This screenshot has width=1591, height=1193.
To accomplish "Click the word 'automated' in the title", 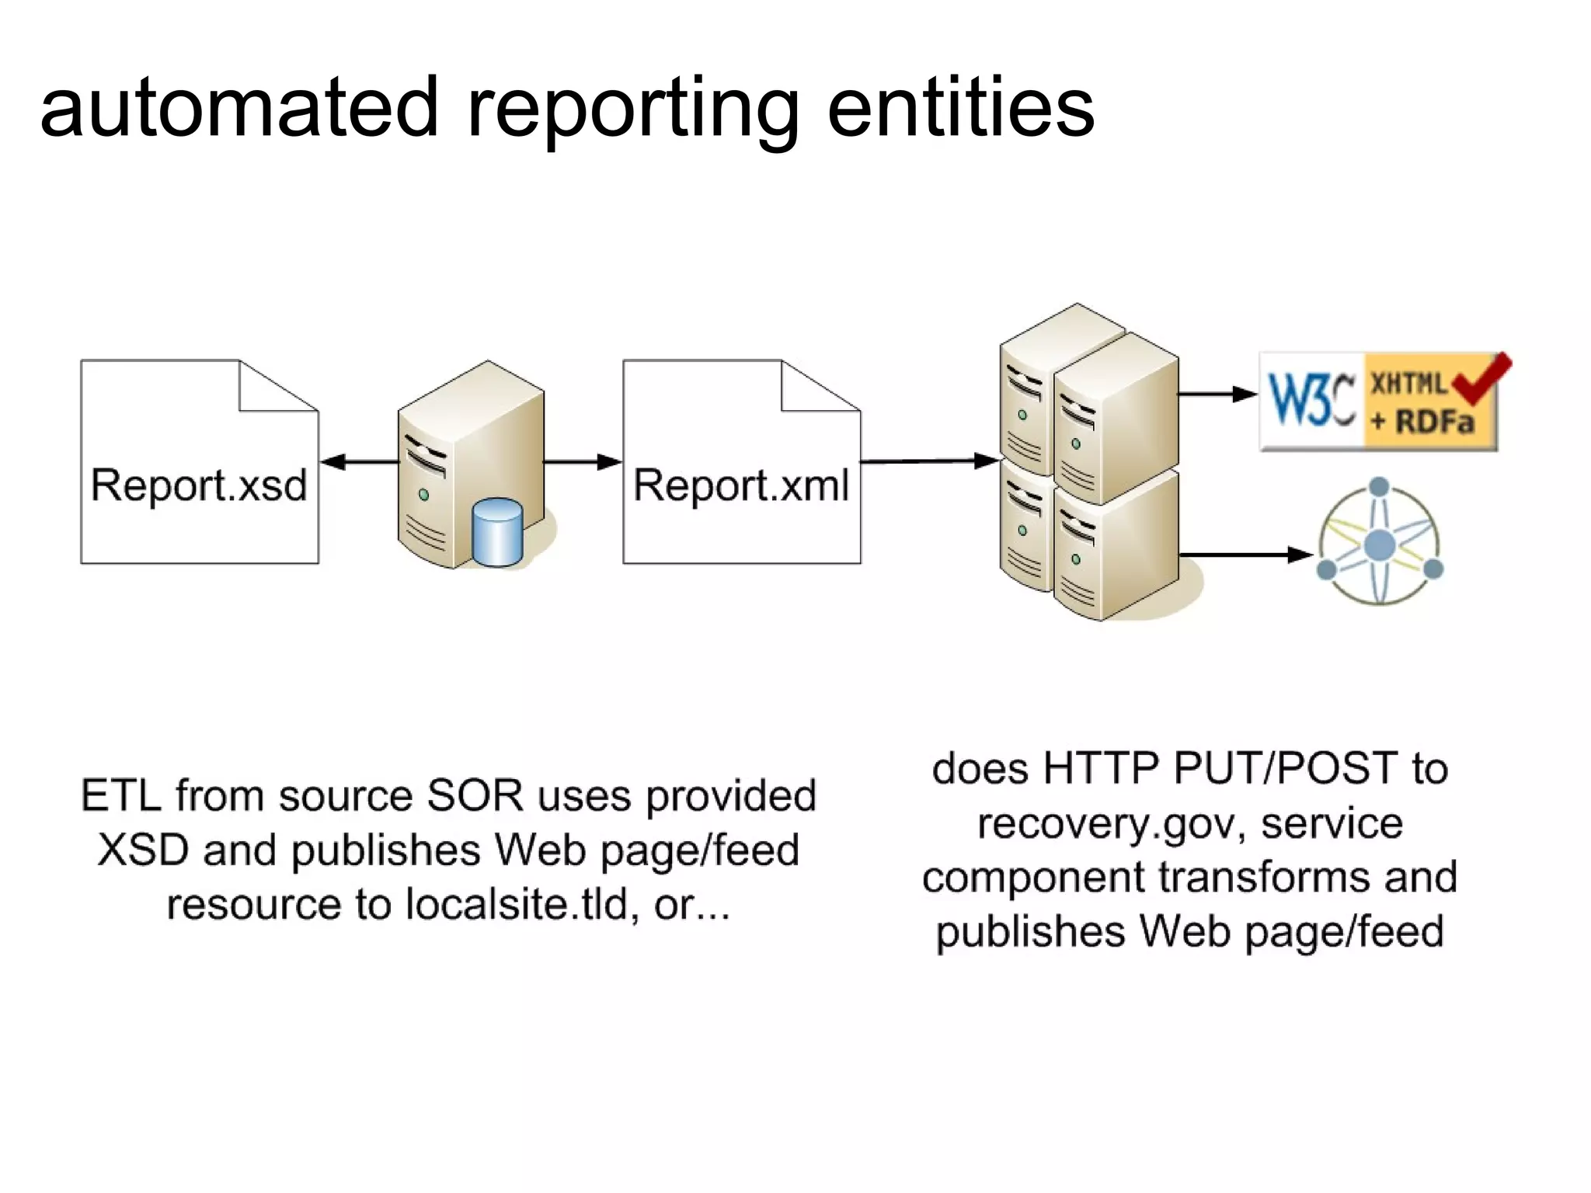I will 239,109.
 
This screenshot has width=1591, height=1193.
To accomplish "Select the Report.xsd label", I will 199,485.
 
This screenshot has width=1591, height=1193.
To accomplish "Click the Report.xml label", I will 741,485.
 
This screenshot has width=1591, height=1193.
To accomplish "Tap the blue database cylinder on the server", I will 497,532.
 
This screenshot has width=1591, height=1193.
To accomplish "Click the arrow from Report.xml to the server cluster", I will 929,461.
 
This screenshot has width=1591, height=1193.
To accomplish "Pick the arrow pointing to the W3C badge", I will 1217,395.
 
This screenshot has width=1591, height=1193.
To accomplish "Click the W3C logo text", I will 1311,401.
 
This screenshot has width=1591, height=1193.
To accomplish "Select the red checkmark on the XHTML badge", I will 1482,378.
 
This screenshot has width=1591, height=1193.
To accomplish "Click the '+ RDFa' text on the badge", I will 1422,423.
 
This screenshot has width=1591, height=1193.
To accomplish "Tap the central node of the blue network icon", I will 1380,545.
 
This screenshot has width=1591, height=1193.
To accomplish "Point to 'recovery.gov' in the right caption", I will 1111,824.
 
